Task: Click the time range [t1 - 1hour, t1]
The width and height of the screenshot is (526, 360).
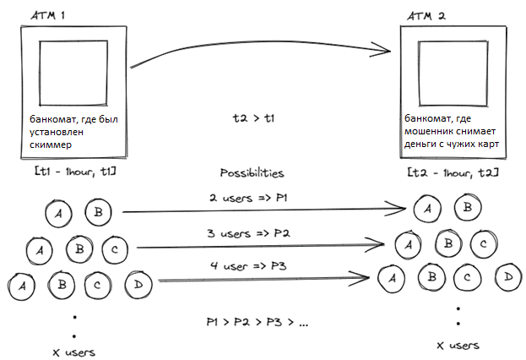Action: tap(73, 172)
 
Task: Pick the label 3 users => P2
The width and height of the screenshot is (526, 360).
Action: tap(251, 232)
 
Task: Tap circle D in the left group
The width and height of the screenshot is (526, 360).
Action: tap(137, 284)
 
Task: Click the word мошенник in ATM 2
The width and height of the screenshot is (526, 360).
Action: tap(431, 132)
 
